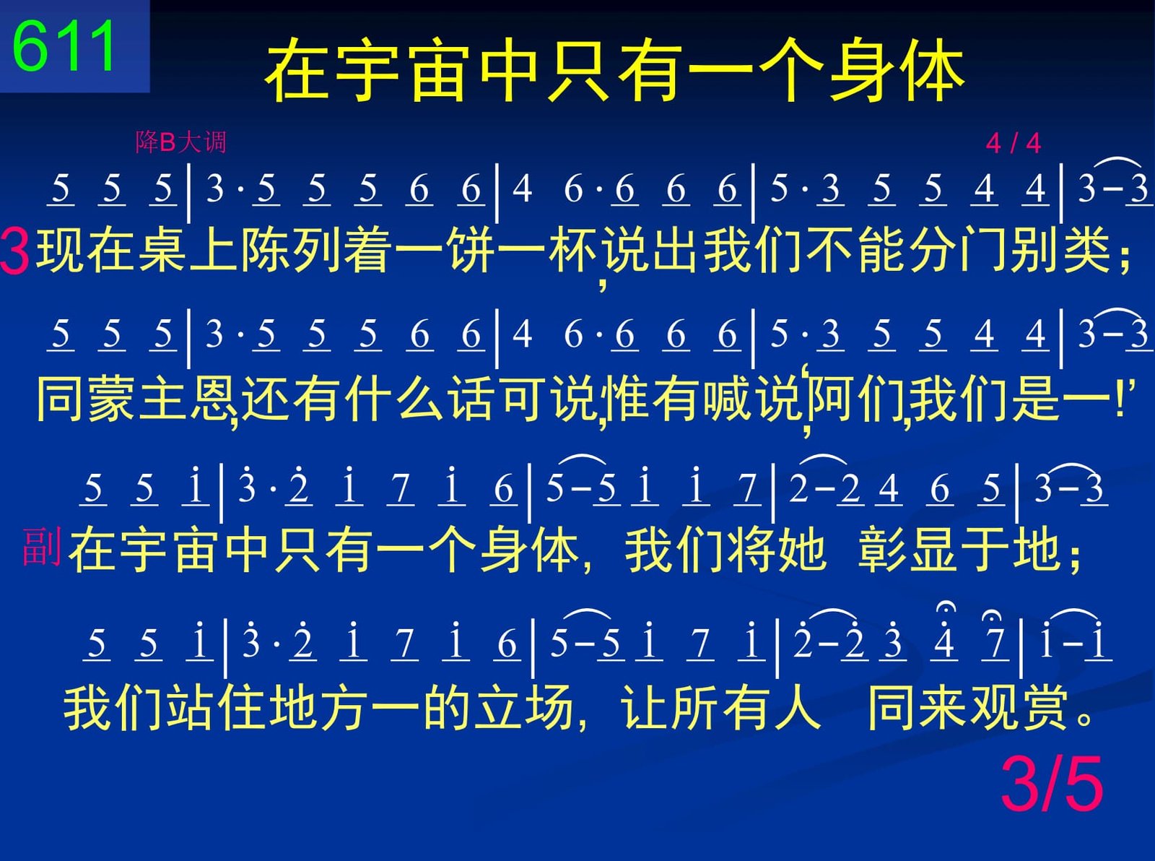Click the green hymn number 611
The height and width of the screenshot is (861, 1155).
(x=64, y=46)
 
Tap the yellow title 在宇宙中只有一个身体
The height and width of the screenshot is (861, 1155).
(x=614, y=70)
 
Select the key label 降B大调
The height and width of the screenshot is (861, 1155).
(x=180, y=142)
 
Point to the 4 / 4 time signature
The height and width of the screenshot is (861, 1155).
(x=1013, y=143)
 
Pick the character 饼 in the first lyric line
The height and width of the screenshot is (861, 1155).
(x=472, y=250)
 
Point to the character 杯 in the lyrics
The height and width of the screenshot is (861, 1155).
(x=574, y=250)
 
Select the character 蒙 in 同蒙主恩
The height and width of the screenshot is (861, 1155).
(x=111, y=399)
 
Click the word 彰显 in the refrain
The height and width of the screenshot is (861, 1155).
(x=906, y=550)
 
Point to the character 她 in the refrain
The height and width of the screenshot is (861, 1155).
(x=803, y=550)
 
